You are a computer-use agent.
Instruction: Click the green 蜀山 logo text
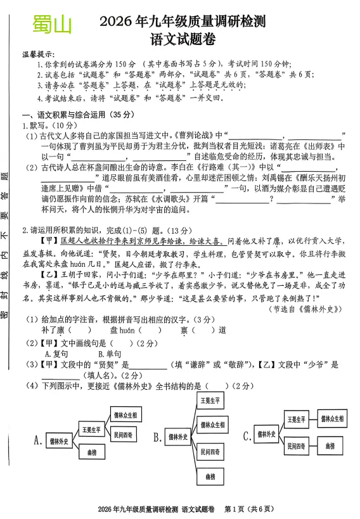pos(52,26)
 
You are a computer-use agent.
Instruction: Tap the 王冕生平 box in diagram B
pos(210,401)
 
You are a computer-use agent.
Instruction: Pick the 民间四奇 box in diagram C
pos(295,446)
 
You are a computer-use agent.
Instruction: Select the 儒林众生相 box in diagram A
pos(125,415)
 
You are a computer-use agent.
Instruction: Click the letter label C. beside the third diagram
pos(247,436)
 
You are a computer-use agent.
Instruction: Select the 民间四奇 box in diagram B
pos(210,452)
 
